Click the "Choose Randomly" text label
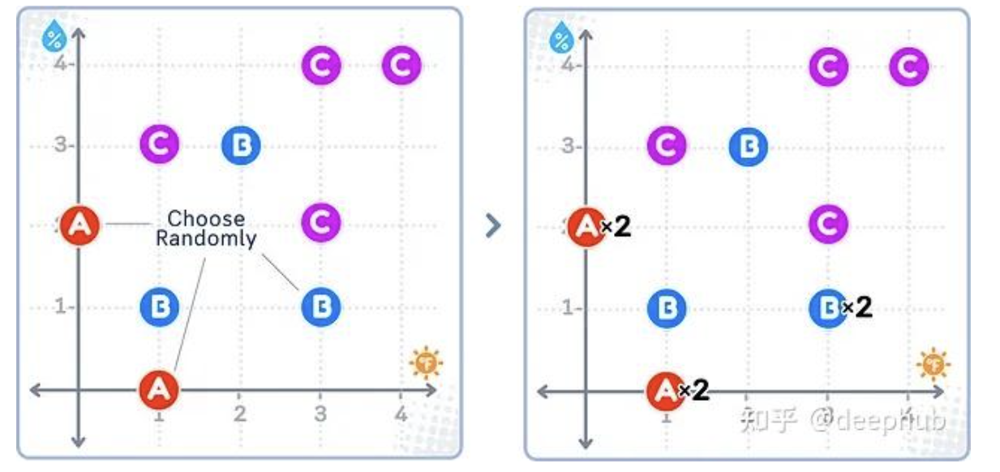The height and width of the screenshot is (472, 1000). point(206,229)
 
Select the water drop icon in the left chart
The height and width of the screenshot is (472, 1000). point(55,36)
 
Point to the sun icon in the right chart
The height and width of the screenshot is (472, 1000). point(933,364)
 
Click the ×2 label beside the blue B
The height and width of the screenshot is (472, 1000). point(856,307)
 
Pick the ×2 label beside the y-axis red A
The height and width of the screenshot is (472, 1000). point(616,227)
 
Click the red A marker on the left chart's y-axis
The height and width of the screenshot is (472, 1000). point(80,225)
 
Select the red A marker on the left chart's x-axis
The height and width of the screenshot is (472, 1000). point(159,389)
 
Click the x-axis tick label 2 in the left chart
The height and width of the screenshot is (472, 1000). point(239,414)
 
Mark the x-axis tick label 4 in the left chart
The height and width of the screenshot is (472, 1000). point(400,414)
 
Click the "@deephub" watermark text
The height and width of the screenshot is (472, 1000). point(895,420)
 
